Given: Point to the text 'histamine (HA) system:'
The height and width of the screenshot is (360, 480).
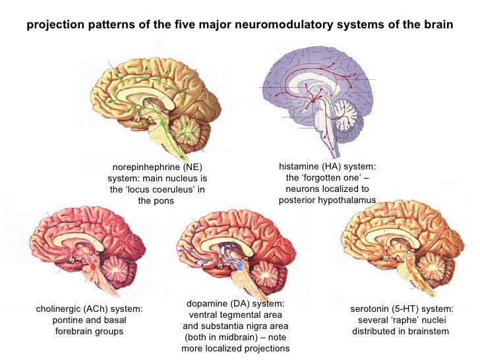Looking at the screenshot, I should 328,168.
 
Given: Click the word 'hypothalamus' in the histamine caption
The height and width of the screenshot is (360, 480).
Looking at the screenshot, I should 347,200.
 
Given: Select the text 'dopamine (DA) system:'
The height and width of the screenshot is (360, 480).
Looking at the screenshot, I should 235,303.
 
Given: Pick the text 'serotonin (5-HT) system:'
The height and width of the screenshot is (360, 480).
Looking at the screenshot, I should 402,309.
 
